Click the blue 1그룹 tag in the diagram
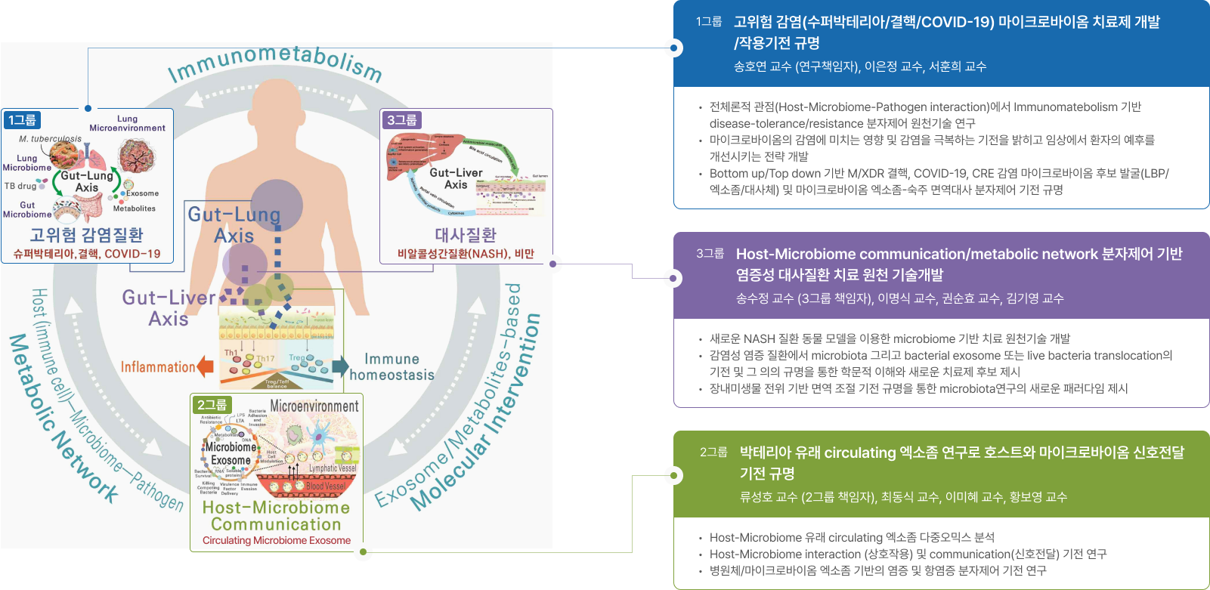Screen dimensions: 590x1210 coord(22,120)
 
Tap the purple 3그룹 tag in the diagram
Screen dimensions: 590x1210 coord(401,120)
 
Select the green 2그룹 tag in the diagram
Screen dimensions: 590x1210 coord(212,405)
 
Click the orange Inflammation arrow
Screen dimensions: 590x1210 coord(205,366)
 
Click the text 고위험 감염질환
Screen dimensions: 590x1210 coord(86,235)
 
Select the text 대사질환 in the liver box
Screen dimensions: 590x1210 coord(466,235)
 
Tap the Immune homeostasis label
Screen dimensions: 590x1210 coord(391,367)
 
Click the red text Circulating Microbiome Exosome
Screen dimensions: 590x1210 coord(277,540)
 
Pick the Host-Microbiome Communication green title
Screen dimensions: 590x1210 coord(277,516)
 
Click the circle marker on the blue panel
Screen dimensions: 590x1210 coord(673,48)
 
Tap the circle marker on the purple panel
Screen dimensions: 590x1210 coord(673,278)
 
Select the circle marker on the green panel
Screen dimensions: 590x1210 coord(673,476)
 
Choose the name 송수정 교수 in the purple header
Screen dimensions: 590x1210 coord(766,298)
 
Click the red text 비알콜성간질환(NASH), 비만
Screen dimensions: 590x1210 coord(466,254)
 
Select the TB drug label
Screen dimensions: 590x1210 coord(20,186)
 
